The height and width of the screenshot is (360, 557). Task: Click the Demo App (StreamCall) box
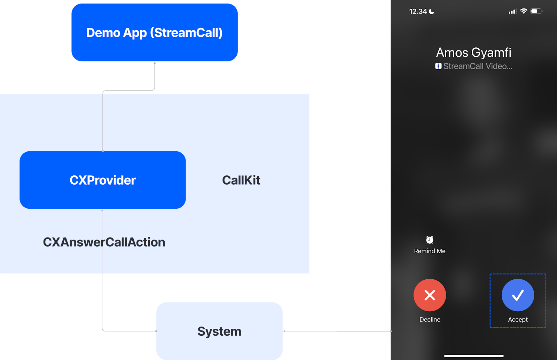155,33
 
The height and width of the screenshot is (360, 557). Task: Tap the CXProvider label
103,180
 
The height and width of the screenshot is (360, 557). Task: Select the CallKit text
241,180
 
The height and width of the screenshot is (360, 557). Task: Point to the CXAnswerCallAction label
104,242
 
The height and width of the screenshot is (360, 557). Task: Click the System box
219,331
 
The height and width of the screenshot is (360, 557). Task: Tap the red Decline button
430,295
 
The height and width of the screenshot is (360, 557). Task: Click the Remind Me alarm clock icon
430,240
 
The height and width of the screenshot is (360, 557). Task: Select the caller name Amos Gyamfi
473,53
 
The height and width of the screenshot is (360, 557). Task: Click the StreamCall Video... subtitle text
478,66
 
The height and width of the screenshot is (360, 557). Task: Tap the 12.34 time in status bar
418,11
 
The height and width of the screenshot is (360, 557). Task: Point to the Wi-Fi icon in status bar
524,11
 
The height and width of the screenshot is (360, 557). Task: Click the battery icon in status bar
536,11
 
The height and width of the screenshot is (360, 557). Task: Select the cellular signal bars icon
512,11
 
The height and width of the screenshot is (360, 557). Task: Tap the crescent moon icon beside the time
432,11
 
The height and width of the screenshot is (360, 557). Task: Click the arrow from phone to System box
337,331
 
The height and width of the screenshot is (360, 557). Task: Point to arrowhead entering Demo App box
155,63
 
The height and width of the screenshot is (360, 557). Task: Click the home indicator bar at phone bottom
473,356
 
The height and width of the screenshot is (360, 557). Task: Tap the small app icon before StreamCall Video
438,66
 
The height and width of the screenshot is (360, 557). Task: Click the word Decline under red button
430,319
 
